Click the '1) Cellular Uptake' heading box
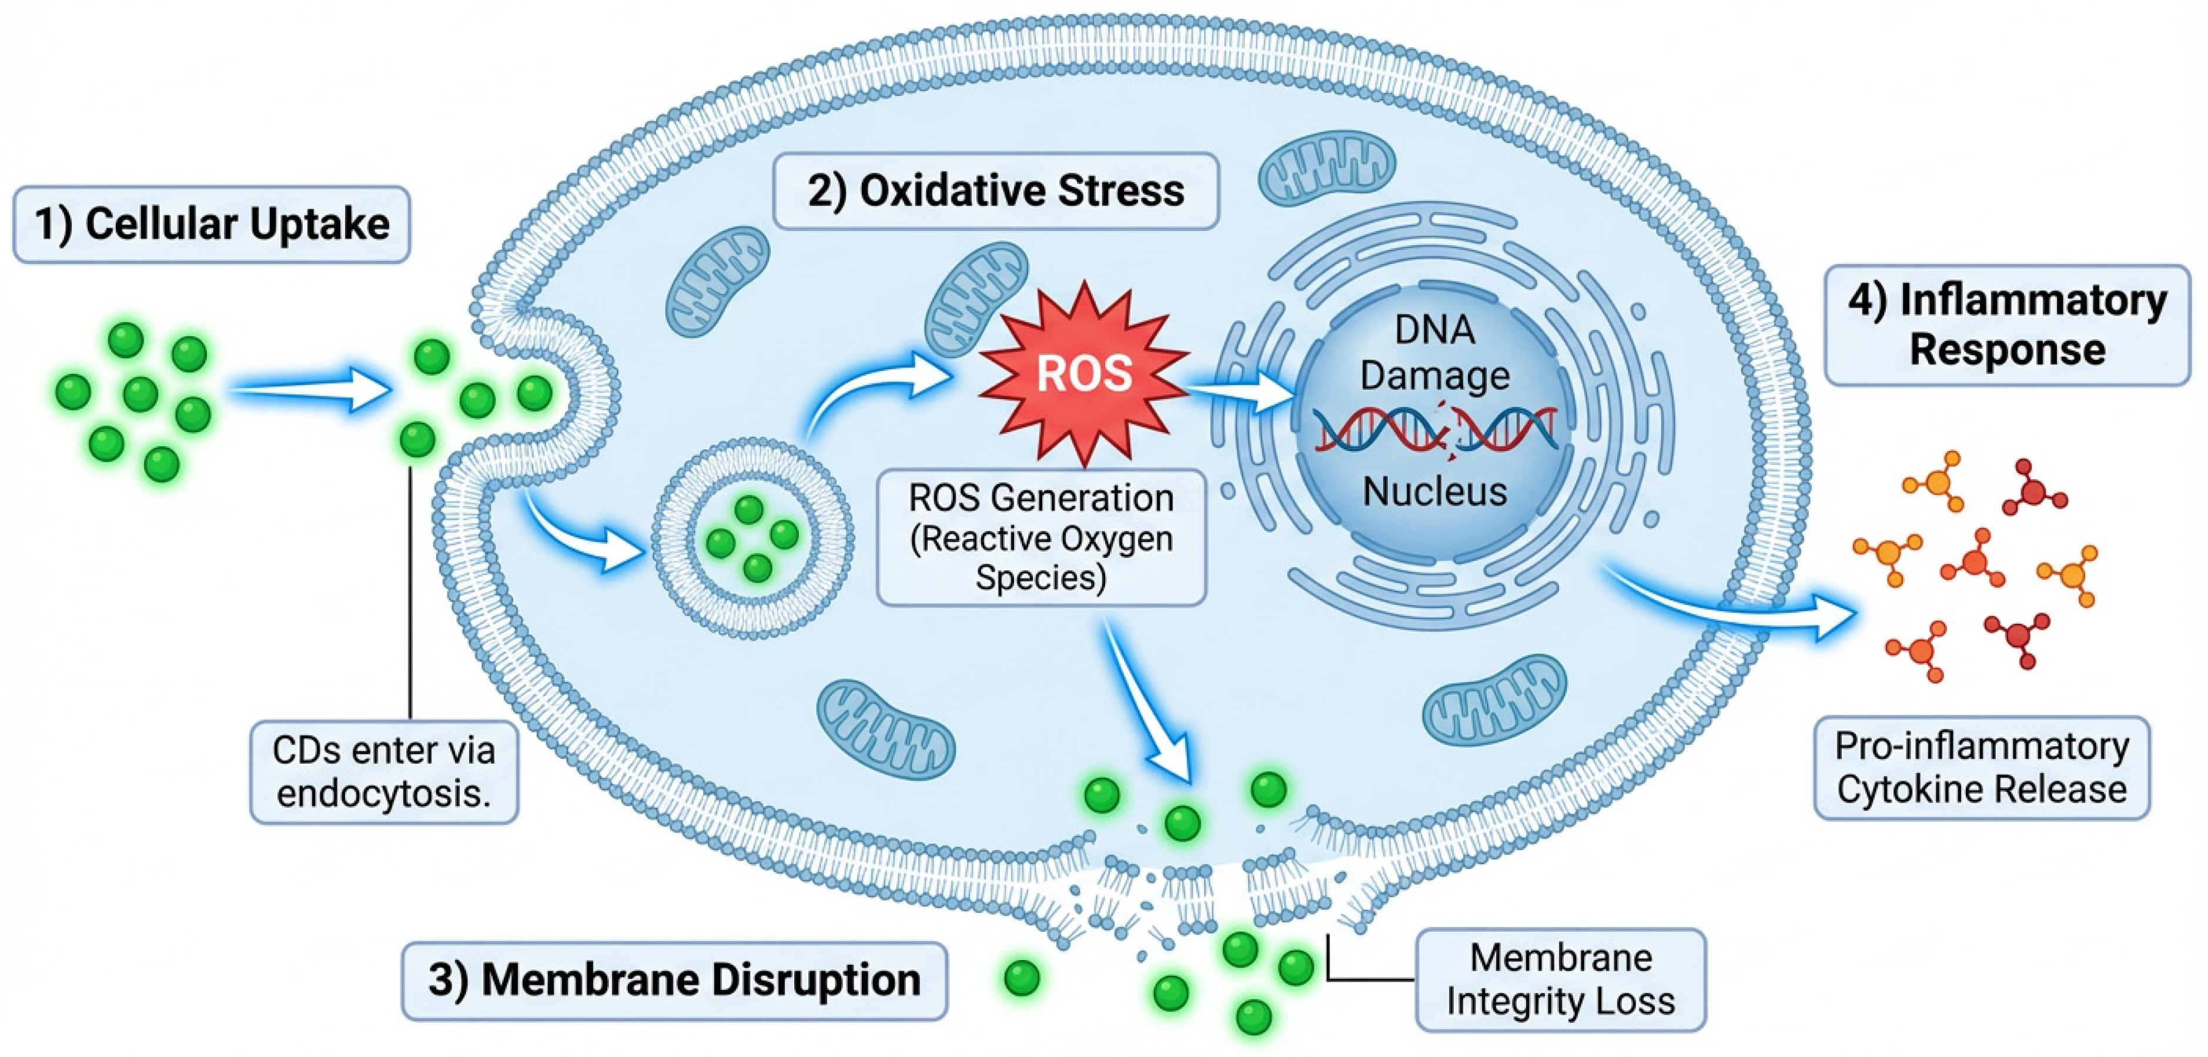212,225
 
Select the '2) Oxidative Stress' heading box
996,191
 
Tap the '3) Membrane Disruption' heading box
675,981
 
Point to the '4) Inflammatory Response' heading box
2008,325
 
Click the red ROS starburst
1084,373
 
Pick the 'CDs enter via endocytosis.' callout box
384,771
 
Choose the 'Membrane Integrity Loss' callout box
1561,979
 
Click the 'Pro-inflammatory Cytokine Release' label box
1982,768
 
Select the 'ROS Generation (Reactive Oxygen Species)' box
1042,537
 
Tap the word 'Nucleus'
1435,491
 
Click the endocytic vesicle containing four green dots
752,537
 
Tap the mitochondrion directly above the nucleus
1326,167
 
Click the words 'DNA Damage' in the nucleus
1435,352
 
